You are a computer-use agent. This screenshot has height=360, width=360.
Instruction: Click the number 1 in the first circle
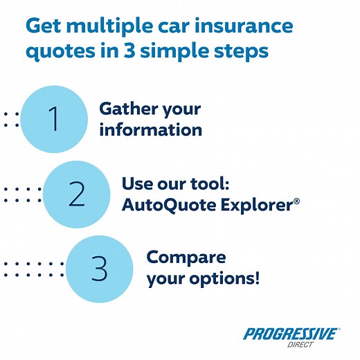point(53,118)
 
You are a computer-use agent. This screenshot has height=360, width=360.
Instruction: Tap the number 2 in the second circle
point(77,195)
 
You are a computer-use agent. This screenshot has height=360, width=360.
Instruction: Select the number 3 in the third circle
point(100,270)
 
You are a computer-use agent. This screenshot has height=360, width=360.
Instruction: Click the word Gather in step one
point(128,109)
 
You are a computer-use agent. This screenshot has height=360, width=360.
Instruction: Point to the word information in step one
point(150,129)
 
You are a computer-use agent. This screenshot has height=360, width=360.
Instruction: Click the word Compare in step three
point(186,258)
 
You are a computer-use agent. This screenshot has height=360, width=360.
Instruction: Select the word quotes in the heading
point(58,53)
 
